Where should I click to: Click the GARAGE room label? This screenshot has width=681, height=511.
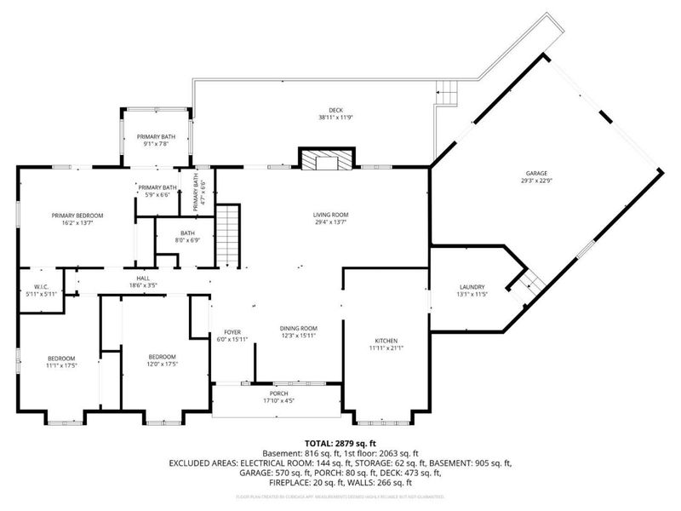(x=536, y=173)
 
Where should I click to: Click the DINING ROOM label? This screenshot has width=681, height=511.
(x=298, y=328)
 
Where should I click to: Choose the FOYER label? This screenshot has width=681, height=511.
(x=233, y=332)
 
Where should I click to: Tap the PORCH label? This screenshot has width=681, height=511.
(x=275, y=393)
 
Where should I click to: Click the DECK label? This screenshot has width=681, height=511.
(x=336, y=110)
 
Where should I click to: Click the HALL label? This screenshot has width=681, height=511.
(x=142, y=278)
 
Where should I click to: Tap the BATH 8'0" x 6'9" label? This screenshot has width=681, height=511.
(x=188, y=233)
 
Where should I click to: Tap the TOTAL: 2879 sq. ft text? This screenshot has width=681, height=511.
(x=340, y=444)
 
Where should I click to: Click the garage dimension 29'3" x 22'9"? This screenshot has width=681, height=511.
(x=536, y=181)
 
